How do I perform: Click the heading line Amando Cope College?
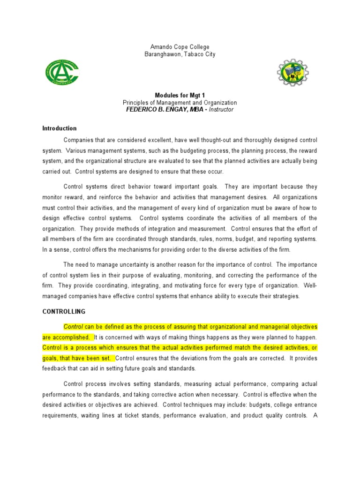point(180,47)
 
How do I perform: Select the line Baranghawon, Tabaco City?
point(180,54)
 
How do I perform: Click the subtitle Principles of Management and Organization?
point(180,103)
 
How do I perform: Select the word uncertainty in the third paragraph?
point(138,264)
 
